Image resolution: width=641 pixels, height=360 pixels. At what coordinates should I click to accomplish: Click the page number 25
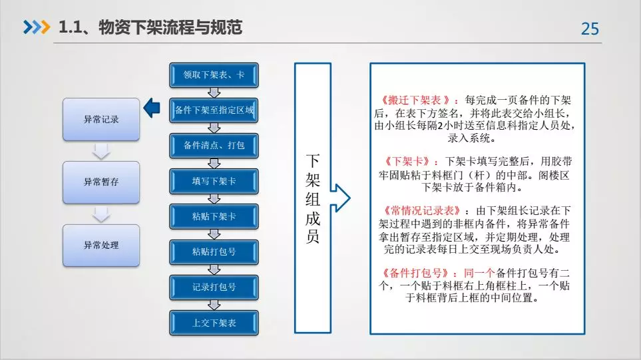[x=590, y=29]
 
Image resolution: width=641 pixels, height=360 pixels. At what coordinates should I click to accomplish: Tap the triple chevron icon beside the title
[x=37, y=27]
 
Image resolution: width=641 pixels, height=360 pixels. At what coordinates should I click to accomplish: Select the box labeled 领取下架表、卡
[x=214, y=75]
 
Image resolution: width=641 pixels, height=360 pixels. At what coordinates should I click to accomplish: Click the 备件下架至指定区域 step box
[x=214, y=110]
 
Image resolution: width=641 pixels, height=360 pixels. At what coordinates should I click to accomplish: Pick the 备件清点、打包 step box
[x=214, y=146]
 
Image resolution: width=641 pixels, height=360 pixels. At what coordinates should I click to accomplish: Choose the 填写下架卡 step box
[x=214, y=181]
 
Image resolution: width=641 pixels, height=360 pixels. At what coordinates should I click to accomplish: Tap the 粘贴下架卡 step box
[x=214, y=216]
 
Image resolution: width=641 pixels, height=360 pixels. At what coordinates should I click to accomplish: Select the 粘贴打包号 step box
[x=214, y=252]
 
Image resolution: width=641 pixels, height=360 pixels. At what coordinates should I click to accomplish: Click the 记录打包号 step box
[x=214, y=287]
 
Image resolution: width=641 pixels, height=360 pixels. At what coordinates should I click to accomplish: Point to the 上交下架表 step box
[x=214, y=323]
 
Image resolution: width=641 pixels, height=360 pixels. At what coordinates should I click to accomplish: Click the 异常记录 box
[x=101, y=119]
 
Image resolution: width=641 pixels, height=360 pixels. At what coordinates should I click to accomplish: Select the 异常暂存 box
[x=101, y=182]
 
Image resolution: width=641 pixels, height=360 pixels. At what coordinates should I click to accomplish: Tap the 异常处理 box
[x=101, y=246]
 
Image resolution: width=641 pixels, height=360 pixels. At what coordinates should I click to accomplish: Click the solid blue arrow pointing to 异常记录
[x=152, y=108]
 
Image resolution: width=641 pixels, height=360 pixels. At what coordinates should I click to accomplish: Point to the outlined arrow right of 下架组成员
[x=340, y=198]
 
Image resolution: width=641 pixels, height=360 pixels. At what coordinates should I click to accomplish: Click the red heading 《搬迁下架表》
[x=415, y=100]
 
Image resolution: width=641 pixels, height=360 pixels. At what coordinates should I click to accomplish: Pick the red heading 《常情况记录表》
[x=421, y=211]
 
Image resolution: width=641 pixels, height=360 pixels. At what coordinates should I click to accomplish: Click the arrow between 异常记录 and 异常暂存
[x=101, y=151]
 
